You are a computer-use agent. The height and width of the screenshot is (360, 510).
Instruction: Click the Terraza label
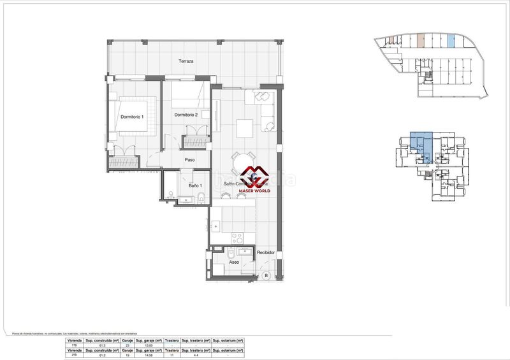click(x=186, y=62)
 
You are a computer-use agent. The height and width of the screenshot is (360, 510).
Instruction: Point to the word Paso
click(x=189, y=160)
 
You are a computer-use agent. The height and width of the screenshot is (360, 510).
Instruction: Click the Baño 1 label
click(x=196, y=185)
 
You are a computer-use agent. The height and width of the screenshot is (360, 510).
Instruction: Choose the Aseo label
click(x=234, y=262)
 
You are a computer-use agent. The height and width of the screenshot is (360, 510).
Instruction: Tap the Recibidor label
click(x=266, y=253)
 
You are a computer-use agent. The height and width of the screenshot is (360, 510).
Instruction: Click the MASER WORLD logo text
click(x=254, y=191)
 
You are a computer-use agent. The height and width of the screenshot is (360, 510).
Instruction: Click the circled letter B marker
click(x=266, y=275)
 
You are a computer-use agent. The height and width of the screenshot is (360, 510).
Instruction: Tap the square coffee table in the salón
click(x=245, y=128)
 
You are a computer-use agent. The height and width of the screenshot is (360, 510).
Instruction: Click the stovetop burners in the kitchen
click(x=237, y=238)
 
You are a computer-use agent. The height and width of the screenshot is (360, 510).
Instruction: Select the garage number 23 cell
click(x=127, y=345)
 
